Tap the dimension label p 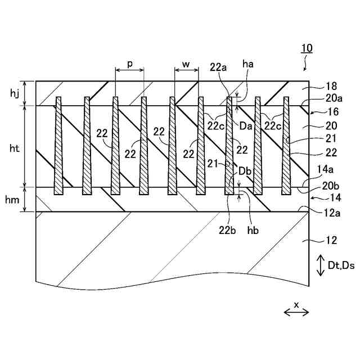point(129,64)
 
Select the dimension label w point(186,64)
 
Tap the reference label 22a point(219,67)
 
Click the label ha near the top point(247,64)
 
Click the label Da point(245,127)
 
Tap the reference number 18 point(331,86)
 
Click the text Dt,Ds point(341,265)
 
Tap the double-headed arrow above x point(296,313)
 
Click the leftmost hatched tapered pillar point(58,146)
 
